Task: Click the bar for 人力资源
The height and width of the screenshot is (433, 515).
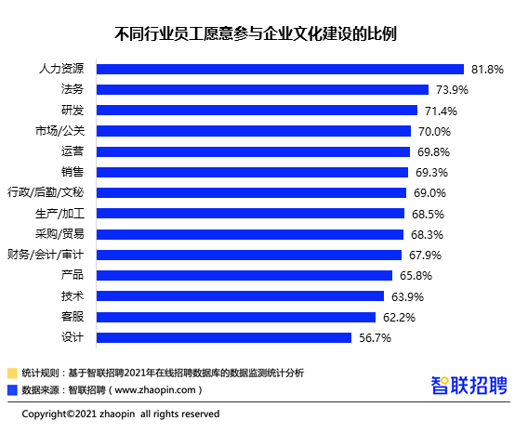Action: [280, 70]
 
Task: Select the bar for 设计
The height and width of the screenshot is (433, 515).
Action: [224, 338]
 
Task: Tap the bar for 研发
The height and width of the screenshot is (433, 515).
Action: [257, 111]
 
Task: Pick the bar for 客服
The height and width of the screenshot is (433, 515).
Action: [236, 318]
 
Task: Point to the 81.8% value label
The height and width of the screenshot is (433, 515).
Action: [487, 70]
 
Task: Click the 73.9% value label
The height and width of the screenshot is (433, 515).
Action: [452, 90]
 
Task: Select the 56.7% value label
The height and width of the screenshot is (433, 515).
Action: [375, 338]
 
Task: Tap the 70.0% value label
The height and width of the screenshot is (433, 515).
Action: [434, 132]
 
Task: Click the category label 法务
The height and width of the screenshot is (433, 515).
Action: [73, 89]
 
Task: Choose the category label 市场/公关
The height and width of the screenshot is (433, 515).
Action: [59, 131]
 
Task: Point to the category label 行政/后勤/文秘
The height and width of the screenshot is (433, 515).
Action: [46, 192]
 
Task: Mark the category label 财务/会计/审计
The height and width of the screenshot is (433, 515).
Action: [46, 255]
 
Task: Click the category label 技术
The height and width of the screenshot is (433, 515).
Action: [73, 296]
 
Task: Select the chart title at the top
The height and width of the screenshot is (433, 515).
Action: [256, 33]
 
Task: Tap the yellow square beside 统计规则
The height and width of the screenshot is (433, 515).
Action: [12, 374]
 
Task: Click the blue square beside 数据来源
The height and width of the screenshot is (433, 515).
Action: [12, 390]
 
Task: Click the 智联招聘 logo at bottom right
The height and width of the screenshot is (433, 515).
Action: [469, 385]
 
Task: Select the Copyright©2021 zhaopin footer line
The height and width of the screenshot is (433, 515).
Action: [121, 414]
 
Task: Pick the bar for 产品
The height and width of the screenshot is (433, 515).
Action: [244, 275]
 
